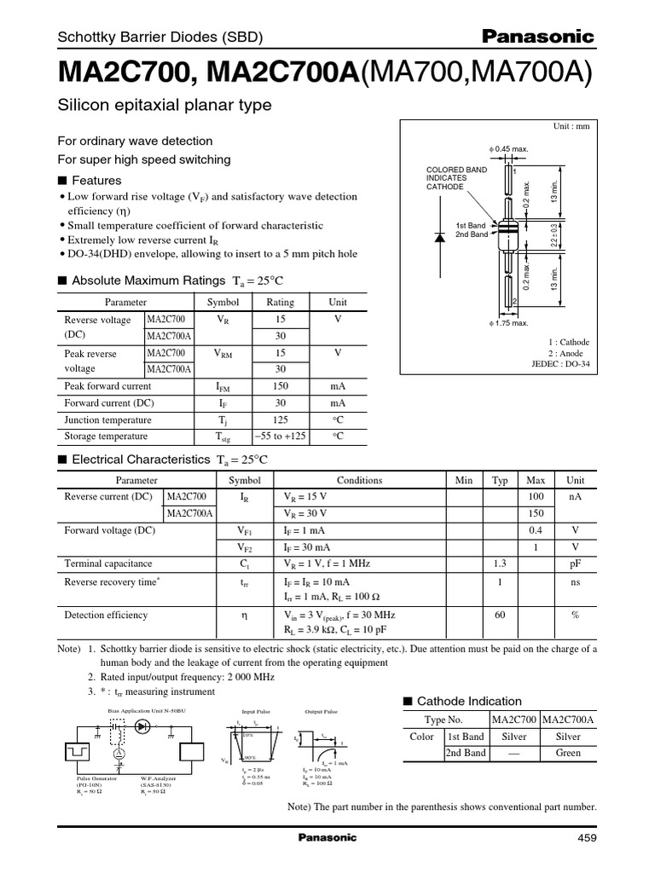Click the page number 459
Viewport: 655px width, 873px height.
click(587, 838)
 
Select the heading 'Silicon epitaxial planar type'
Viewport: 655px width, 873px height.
click(164, 105)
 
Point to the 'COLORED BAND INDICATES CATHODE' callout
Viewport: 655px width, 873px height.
click(456, 178)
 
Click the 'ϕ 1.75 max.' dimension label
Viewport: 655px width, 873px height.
click(508, 323)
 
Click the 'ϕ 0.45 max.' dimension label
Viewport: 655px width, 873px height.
click(508, 149)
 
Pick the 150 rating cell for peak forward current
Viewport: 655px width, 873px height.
click(281, 386)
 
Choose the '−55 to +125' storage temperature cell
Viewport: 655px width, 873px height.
click(281, 436)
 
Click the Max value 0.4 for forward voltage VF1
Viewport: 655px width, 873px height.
click(536, 529)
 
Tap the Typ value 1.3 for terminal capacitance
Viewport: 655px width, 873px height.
click(500, 563)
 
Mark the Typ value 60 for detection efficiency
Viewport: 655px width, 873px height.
click(500, 614)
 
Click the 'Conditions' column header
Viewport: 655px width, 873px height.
click(359, 480)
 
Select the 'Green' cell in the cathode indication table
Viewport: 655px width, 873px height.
click(568, 753)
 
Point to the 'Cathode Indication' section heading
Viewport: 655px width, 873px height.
click(461, 700)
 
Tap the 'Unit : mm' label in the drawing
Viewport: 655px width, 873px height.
click(571, 126)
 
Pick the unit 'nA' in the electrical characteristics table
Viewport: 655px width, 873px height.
click(576, 496)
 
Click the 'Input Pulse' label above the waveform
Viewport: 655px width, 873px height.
click(255, 709)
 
